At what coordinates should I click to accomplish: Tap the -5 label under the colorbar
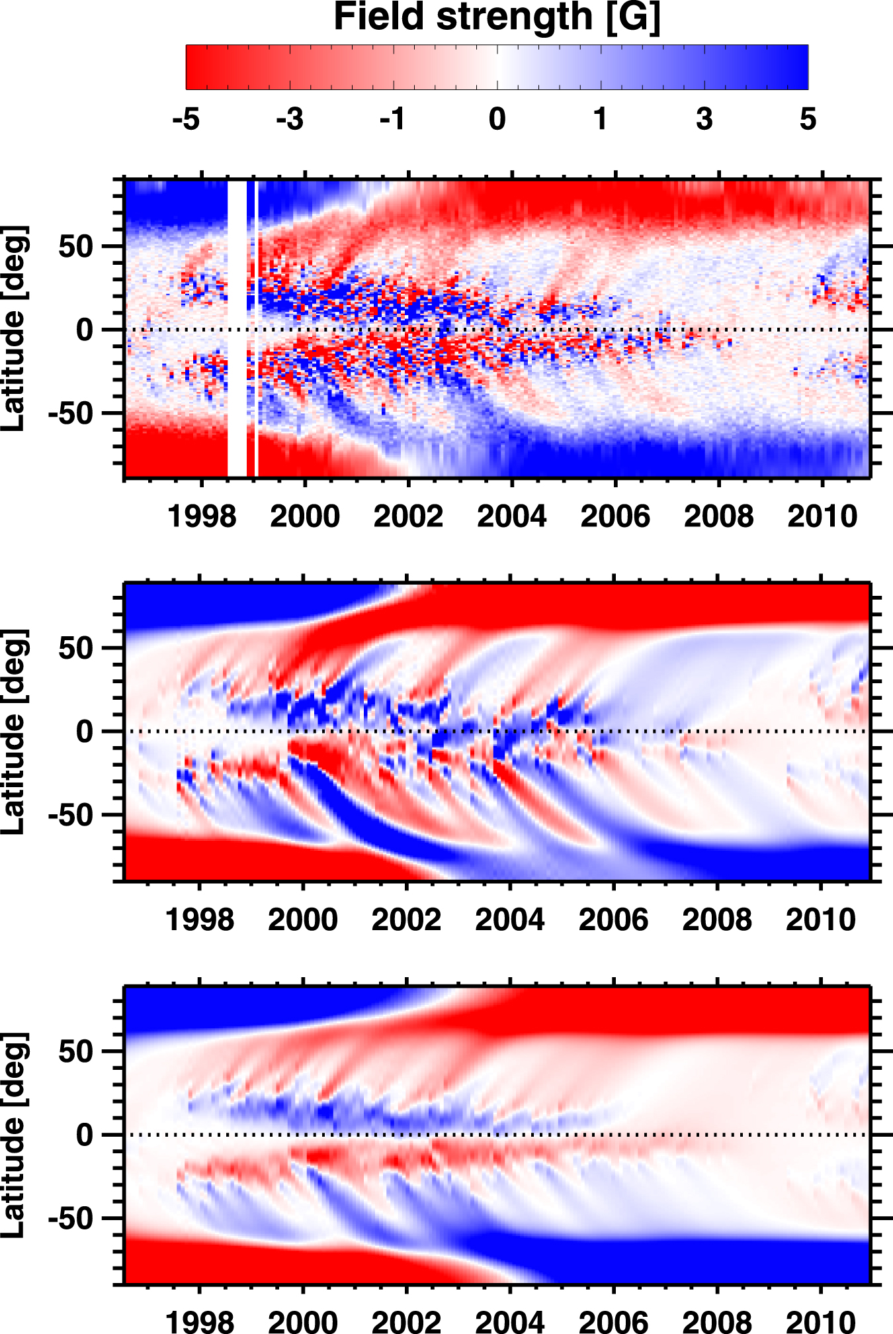(186, 119)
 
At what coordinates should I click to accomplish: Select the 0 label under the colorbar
(497, 119)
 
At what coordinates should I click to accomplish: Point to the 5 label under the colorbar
(808, 119)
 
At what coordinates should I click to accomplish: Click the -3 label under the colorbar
(290, 119)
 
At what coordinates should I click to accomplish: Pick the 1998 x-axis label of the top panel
(202, 516)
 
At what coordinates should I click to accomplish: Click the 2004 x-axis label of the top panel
(512, 516)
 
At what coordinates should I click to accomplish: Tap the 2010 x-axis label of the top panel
(822, 516)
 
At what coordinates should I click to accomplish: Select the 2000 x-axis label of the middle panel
(303, 920)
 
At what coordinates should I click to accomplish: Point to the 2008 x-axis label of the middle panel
(717, 920)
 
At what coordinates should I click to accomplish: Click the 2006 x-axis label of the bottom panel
(613, 1321)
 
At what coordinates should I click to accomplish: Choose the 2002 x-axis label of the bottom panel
(406, 1321)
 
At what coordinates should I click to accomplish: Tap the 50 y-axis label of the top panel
(75, 246)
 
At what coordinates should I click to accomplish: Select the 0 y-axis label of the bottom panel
(85, 1135)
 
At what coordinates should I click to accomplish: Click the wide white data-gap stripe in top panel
(237, 328)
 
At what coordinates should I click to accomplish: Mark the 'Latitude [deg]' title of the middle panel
(15, 732)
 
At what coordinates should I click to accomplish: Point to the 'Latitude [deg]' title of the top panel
(15, 329)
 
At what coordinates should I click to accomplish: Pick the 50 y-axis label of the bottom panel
(75, 1051)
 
